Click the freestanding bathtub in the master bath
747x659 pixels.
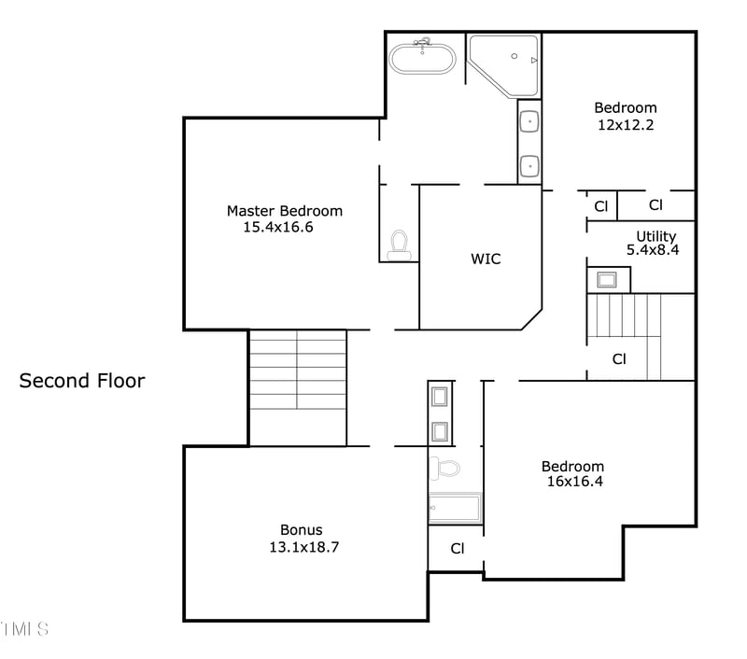[423, 58]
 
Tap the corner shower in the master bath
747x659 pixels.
[504, 63]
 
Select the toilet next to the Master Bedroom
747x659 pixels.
[400, 245]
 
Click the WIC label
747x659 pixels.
[486, 259]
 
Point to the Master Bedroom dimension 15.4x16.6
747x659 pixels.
[277, 227]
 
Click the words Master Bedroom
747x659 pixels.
[284, 211]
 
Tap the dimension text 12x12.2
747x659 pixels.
[625, 123]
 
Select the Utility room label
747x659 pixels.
[656, 236]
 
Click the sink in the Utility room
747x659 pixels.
[608, 279]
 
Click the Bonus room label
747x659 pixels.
[302, 530]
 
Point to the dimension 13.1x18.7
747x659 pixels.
[303, 547]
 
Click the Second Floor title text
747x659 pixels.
[82, 381]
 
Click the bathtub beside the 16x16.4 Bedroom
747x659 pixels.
[455, 510]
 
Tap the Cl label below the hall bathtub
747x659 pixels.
[457, 549]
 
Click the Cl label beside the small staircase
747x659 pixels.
[619, 358]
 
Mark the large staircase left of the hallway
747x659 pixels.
[297, 386]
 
